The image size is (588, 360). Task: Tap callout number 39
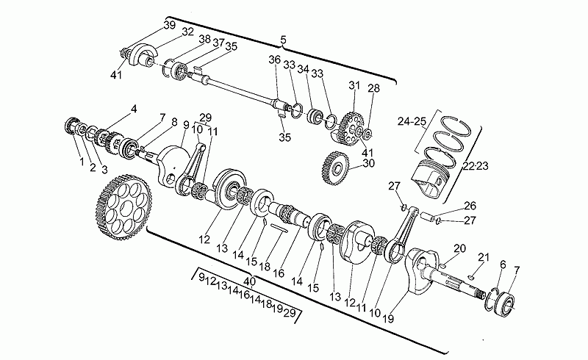coord(170,25)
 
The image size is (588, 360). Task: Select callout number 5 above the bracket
coord(284,38)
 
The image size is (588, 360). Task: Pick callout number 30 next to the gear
coord(368,164)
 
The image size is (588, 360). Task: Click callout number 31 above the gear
coord(354,85)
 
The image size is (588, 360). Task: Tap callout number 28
coord(373,89)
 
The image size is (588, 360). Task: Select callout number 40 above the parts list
coord(250,281)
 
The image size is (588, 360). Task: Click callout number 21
coord(483,256)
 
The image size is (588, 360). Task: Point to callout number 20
coord(459,248)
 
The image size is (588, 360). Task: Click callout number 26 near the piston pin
coord(470,206)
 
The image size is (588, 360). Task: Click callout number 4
coord(134,109)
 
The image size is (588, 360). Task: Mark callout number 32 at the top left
coord(188,32)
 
